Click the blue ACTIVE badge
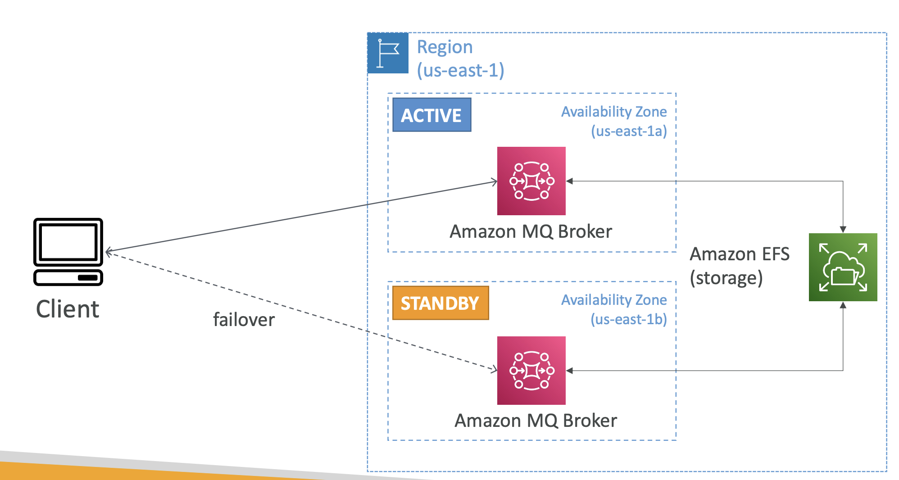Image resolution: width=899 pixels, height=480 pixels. pyautogui.click(x=431, y=115)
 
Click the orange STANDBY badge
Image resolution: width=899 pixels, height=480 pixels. pyautogui.click(x=440, y=303)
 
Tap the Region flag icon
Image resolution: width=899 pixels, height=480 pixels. pyautogui.click(x=388, y=53)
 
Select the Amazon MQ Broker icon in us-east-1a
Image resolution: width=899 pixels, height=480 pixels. pyautogui.click(x=531, y=181)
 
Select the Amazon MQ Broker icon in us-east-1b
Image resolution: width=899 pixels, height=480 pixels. pyautogui.click(x=531, y=370)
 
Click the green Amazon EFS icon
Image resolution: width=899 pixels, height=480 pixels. pyautogui.click(x=843, y=267)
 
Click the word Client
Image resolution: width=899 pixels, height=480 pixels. pyautogui.click(x=68, y=309)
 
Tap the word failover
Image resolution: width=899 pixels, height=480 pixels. pyautogui.click(x=244, y=320)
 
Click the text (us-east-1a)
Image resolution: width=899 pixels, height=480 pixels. pyautogui.click(x=629, y=131)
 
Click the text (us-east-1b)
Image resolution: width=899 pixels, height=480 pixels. pyautogui.click(x=629, y=319)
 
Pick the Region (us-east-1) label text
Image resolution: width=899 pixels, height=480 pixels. pyautogui.click(x=460, y=59)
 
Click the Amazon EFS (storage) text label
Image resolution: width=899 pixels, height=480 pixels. pyautogui.click(x=739, y=266)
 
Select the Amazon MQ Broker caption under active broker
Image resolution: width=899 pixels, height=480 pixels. pyautogui.click(x=531, y=231)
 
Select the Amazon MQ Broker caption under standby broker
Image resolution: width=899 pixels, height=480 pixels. pyautogui.click(x=536, y=421)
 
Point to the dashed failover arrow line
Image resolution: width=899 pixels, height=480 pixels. pyautogui.click(x=297, y=310)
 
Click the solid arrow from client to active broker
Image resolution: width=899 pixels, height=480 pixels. pyautogui.click(x=297, y=217)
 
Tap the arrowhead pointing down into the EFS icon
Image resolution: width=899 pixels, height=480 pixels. pyautogui.click(x=843, y=229)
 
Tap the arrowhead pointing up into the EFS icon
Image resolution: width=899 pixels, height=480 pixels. pyautogui.click(x=843, y=305)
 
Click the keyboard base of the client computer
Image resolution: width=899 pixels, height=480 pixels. pyautogui.click(x=68, y=277)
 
